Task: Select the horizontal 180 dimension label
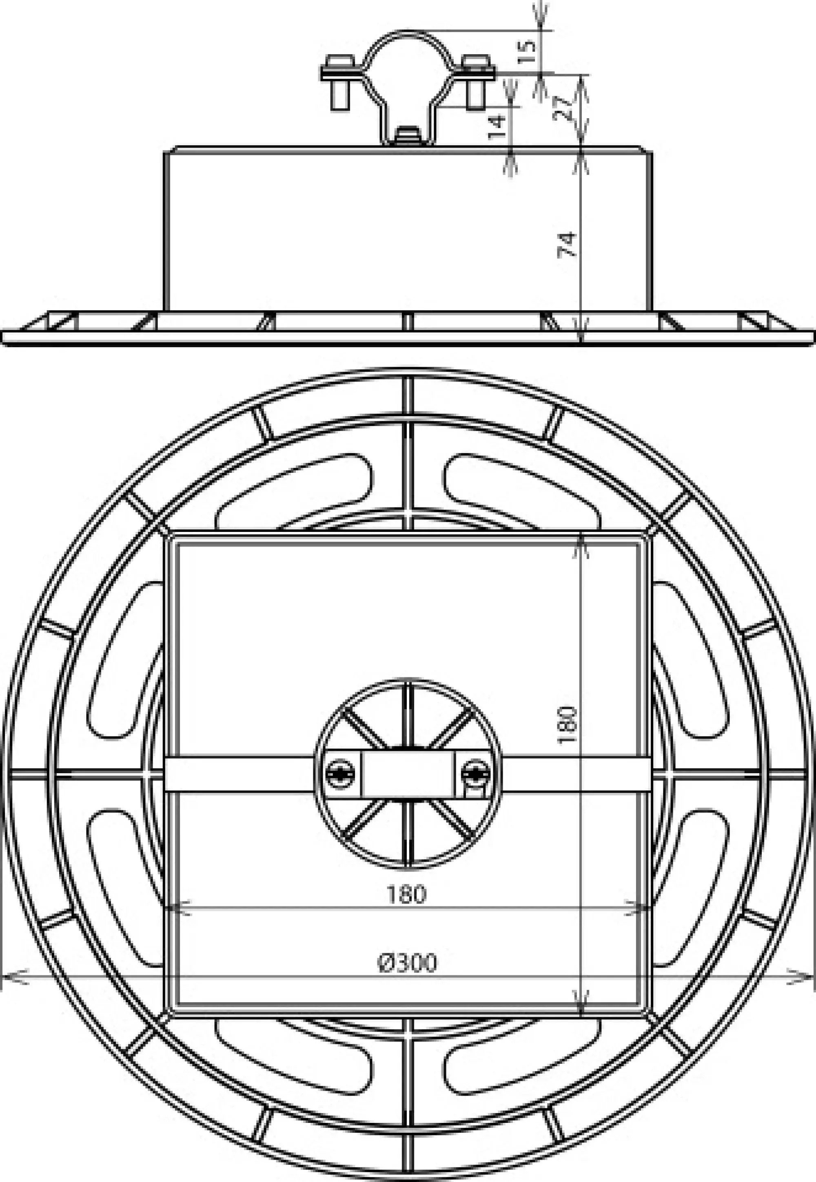pos(406,894)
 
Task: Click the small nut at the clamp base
pos(408,136)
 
